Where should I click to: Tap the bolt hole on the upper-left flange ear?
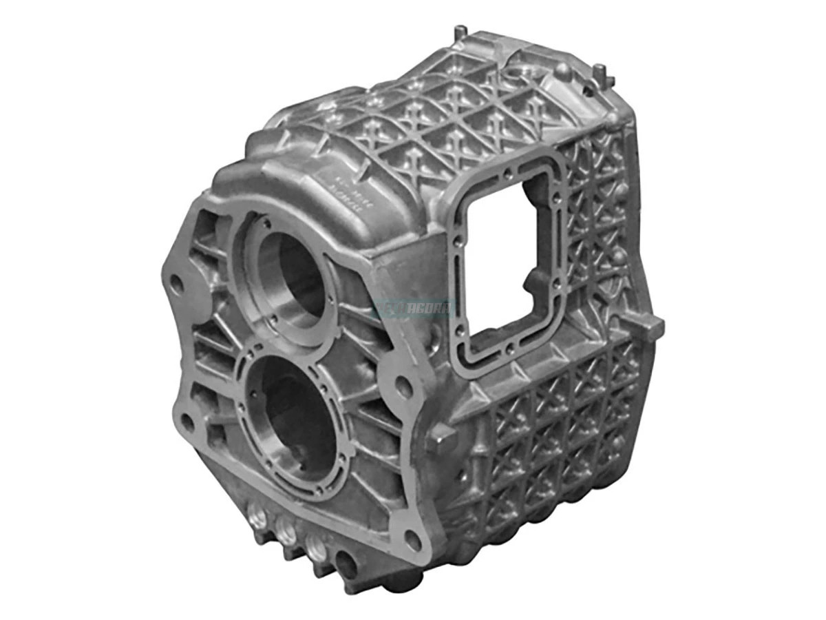click(x=177, y=282)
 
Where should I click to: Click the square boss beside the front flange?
click(x=441, y=438)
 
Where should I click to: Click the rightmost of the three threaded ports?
click(x=317, y=547)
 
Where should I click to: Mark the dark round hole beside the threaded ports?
click(x=348, y=566)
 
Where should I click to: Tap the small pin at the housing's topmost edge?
click(x=459, y=32)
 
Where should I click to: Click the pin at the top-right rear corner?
click(x=600, y=71)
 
